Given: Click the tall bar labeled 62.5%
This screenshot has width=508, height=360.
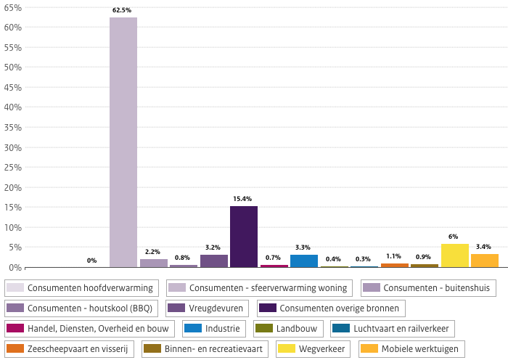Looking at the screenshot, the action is [123, 142].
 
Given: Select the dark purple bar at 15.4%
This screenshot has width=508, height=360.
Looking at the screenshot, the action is [244, 237].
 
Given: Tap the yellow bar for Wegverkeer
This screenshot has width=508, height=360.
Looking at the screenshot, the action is [455, 255].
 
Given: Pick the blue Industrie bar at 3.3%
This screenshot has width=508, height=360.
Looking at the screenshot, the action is [304, 261].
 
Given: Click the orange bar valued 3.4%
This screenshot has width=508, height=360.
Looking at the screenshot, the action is [485, 261].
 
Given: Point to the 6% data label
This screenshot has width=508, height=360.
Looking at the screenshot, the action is [454, 237].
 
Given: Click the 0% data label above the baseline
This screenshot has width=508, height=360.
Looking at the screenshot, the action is [91, 261].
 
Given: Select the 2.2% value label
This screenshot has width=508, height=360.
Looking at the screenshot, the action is [152, 252].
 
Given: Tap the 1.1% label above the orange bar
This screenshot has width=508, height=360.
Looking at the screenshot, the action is [393, 256].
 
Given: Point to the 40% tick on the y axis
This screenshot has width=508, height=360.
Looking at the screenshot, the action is [12, 107].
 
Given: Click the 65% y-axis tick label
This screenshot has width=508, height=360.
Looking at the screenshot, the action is [12, 8].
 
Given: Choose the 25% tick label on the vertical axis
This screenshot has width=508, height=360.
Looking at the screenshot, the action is [12, 168].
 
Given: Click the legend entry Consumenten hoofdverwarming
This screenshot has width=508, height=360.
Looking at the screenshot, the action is [81, 288].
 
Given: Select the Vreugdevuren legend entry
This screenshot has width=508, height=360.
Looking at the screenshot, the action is [208, 308].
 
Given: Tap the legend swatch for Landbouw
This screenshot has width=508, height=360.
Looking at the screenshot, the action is [264, 328].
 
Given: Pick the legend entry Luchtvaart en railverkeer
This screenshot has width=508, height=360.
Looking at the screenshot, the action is [393, 329].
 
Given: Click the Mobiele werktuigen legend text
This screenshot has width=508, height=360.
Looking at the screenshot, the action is [420, 349].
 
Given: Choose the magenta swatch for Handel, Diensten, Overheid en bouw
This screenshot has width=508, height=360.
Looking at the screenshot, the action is [15, 328].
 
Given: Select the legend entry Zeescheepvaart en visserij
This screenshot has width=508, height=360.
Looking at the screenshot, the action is [70, 349].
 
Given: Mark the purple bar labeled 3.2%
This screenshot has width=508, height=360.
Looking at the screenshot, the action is [214, 261].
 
